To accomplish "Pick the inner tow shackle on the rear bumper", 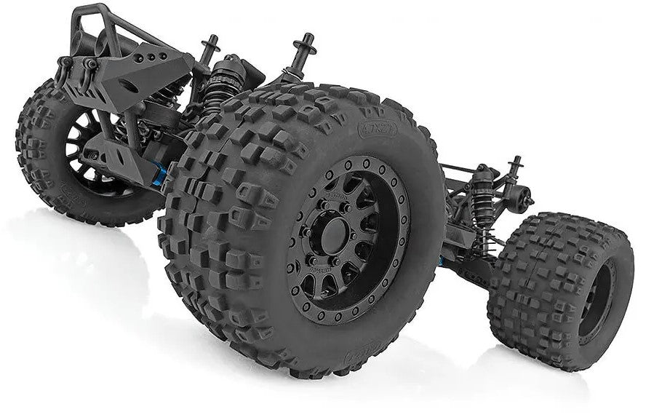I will pyautogui.click(x=90, y=66).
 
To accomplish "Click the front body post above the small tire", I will pyautogui.click(x=516, y=169).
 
